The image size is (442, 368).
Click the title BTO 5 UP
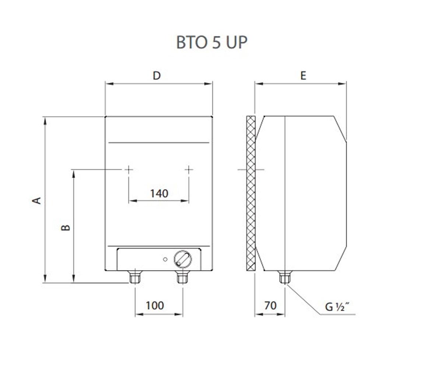212,42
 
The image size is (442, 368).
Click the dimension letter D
157,75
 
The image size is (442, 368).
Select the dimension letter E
303,75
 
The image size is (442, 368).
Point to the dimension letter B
66,227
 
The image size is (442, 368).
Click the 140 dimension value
159,193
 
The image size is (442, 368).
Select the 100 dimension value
155,305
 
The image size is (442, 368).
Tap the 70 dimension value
270,305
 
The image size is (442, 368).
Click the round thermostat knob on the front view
183,259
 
